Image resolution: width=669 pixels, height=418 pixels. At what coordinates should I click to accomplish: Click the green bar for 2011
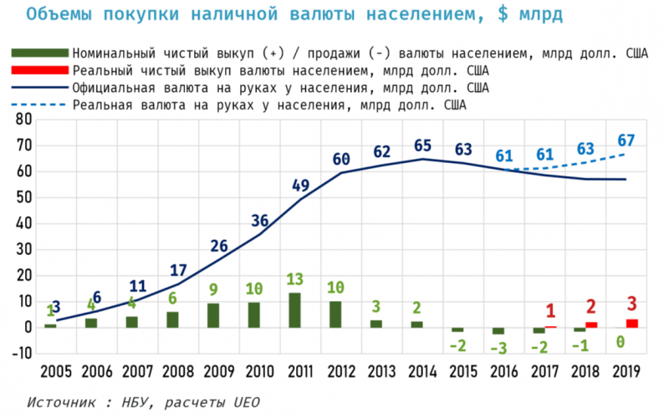pos(294,310)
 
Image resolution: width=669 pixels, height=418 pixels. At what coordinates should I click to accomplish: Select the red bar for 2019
pos(631,324)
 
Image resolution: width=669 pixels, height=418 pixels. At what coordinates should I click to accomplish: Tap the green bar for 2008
pos(172,319)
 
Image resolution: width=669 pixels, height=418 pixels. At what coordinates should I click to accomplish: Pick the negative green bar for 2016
pos(498,331)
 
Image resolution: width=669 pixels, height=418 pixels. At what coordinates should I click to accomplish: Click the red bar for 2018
pos(591,324)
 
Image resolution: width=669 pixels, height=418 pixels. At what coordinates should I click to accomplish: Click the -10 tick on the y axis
pos(18,354)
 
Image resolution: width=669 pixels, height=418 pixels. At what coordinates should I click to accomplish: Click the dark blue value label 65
pos(422,146)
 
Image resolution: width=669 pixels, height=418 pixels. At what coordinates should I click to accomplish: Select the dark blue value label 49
pos(301,186)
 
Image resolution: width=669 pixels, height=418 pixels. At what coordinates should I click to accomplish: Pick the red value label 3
pos(631,303)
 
